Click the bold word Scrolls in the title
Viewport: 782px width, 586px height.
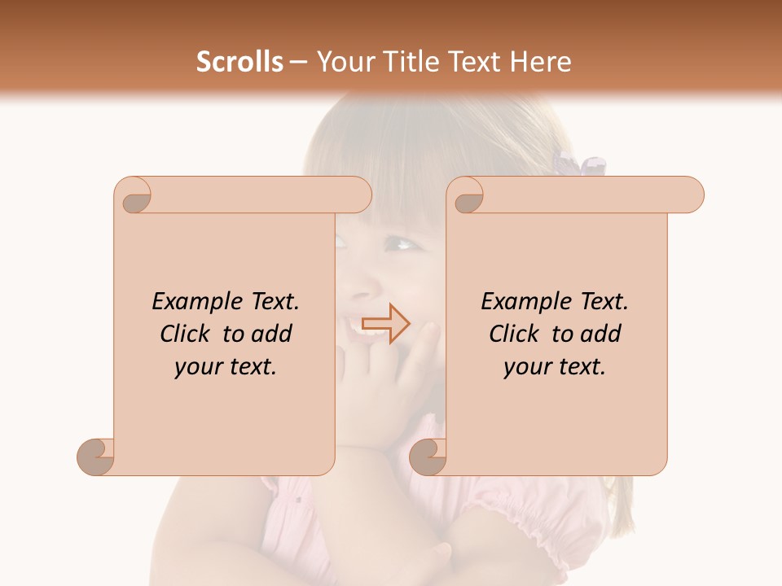click(239, 62)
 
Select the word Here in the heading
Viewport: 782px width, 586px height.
click(540, 62)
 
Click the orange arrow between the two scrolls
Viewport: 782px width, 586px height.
click(386, 324)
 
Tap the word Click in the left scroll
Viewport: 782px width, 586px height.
click(187, 334)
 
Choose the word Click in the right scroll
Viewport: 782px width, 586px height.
click(515, 334)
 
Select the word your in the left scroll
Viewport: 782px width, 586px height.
click(196, 367)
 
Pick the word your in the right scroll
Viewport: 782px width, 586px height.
click(525, 367)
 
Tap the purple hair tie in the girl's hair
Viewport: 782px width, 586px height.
click(579, 163)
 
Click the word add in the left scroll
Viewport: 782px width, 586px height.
click(273, 334)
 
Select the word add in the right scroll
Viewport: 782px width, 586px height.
click(602, 334)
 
